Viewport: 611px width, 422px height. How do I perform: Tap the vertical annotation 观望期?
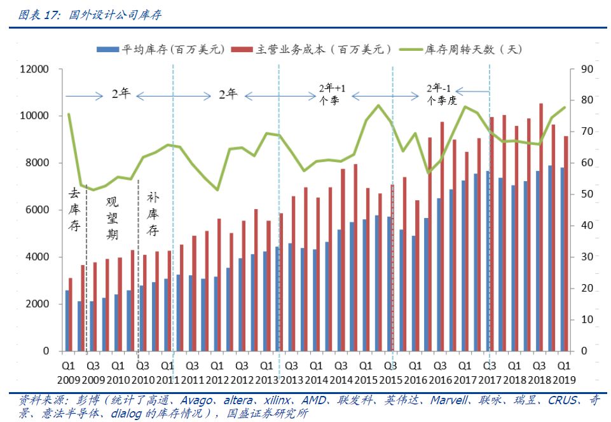[x=112, y=218]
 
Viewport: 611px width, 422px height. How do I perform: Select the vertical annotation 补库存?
[x=153, y=214]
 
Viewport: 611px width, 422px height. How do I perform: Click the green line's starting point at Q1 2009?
[x=69, y=114]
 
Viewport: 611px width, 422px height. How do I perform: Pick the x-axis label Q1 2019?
[x=563, y=372]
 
